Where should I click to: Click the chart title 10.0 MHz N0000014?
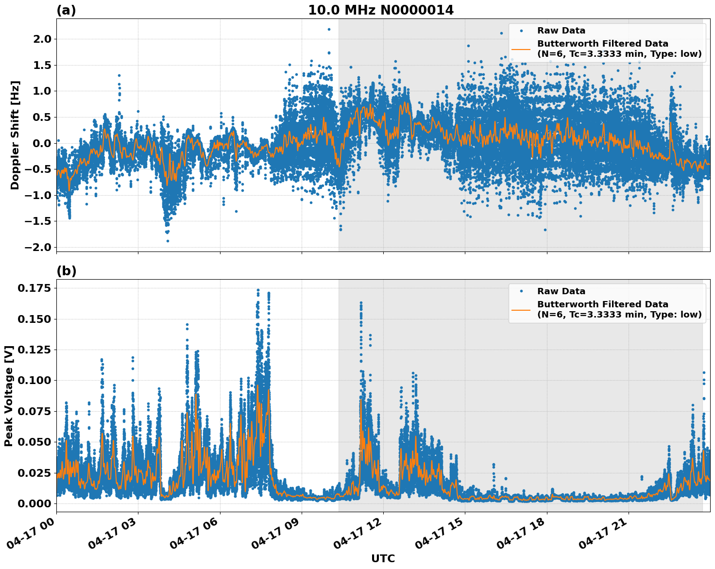click(381, 10)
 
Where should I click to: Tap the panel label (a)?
click(66, 10)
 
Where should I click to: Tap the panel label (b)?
click(67, 271)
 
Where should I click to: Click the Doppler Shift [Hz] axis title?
click(15, 135)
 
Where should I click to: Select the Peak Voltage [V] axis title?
click(8, 396)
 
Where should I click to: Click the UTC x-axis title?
click(383, 558)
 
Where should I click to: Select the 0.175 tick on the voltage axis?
click(34, 288)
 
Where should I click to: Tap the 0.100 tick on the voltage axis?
click(34, 380)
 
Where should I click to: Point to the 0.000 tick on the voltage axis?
click(34, 503)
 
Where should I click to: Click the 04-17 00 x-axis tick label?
click(34, 534)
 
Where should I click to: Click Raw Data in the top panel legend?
click(561, 31)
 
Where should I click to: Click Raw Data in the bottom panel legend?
click(561, 291)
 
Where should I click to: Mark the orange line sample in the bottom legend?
click(521, 309)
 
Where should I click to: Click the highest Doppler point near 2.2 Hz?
click(329, 29)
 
